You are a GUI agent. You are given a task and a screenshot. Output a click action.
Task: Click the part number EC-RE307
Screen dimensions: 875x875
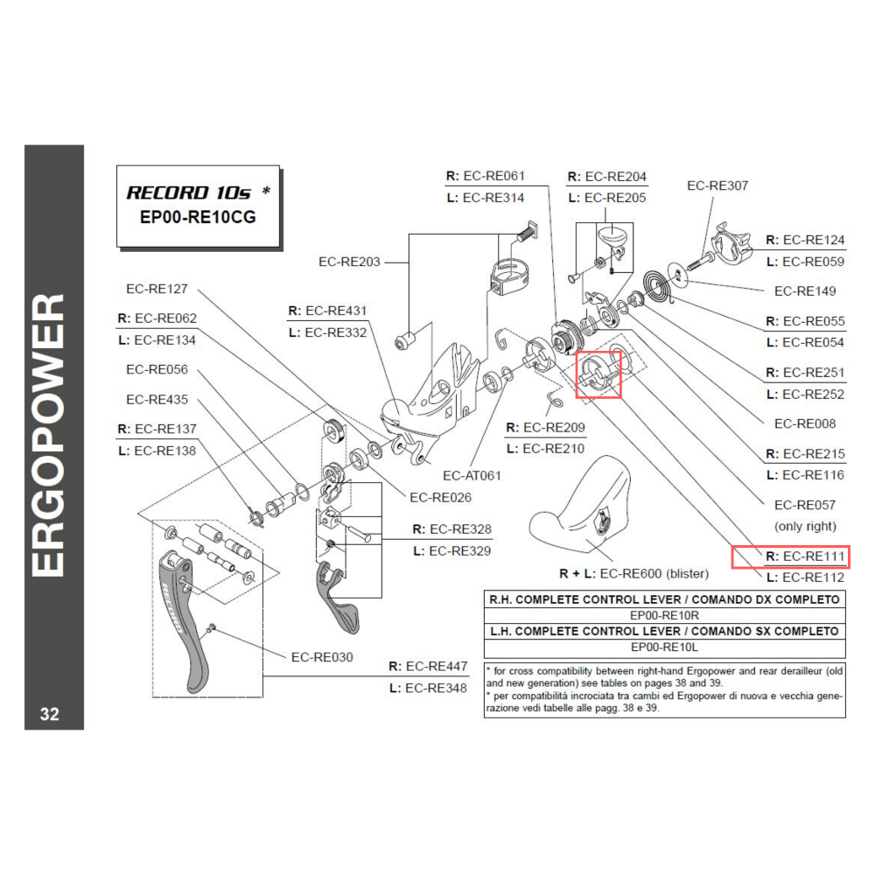click(x=717, y=185)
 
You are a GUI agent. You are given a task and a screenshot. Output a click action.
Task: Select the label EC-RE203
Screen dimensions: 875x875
click(x=349, y=262)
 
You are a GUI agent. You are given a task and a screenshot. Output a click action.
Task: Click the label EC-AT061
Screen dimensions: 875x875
click(x=472, y=476)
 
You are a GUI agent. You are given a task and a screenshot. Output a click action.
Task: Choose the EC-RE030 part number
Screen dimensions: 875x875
click(x=322, y=657)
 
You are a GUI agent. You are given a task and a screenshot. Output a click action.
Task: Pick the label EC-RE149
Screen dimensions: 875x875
click(x=805, y=290)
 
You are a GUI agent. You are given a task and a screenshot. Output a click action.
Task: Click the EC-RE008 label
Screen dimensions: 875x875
click(x=805, y=423)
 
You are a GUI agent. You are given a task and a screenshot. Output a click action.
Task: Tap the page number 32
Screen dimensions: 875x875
click(x=50, y=714)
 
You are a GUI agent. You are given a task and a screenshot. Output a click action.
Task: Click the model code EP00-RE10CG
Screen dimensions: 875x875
click(x=198, y=218)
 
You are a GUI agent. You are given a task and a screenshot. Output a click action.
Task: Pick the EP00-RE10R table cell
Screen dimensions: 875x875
click(x=664, y=615)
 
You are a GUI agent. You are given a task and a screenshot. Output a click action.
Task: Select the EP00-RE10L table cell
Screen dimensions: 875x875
click(x=664, y=647)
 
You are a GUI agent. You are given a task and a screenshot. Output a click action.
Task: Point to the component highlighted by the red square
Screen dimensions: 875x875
click(x=598, y=374)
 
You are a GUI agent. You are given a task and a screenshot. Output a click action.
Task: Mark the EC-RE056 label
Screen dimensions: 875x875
click(x=157, y=369)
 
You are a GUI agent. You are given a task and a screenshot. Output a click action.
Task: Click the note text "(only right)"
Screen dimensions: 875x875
click(x=805, y=526)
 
